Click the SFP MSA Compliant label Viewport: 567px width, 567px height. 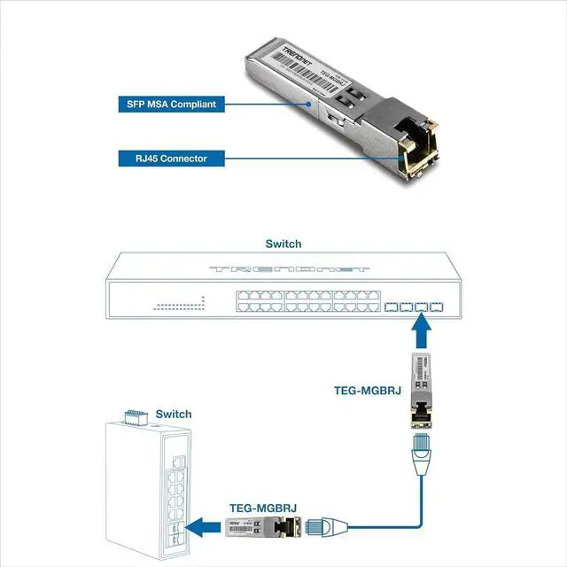pos(167,104)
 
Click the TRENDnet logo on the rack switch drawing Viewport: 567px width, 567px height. pos(283,268)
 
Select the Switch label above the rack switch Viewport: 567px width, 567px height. pos(283,244)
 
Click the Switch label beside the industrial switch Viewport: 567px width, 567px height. pos(173,414)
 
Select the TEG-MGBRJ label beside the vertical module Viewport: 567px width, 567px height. pos(367,388)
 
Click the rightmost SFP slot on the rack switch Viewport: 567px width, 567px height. pos(436,307)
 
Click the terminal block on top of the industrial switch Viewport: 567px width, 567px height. pos(133,416)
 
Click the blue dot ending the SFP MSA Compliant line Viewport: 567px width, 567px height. pos(307,104)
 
